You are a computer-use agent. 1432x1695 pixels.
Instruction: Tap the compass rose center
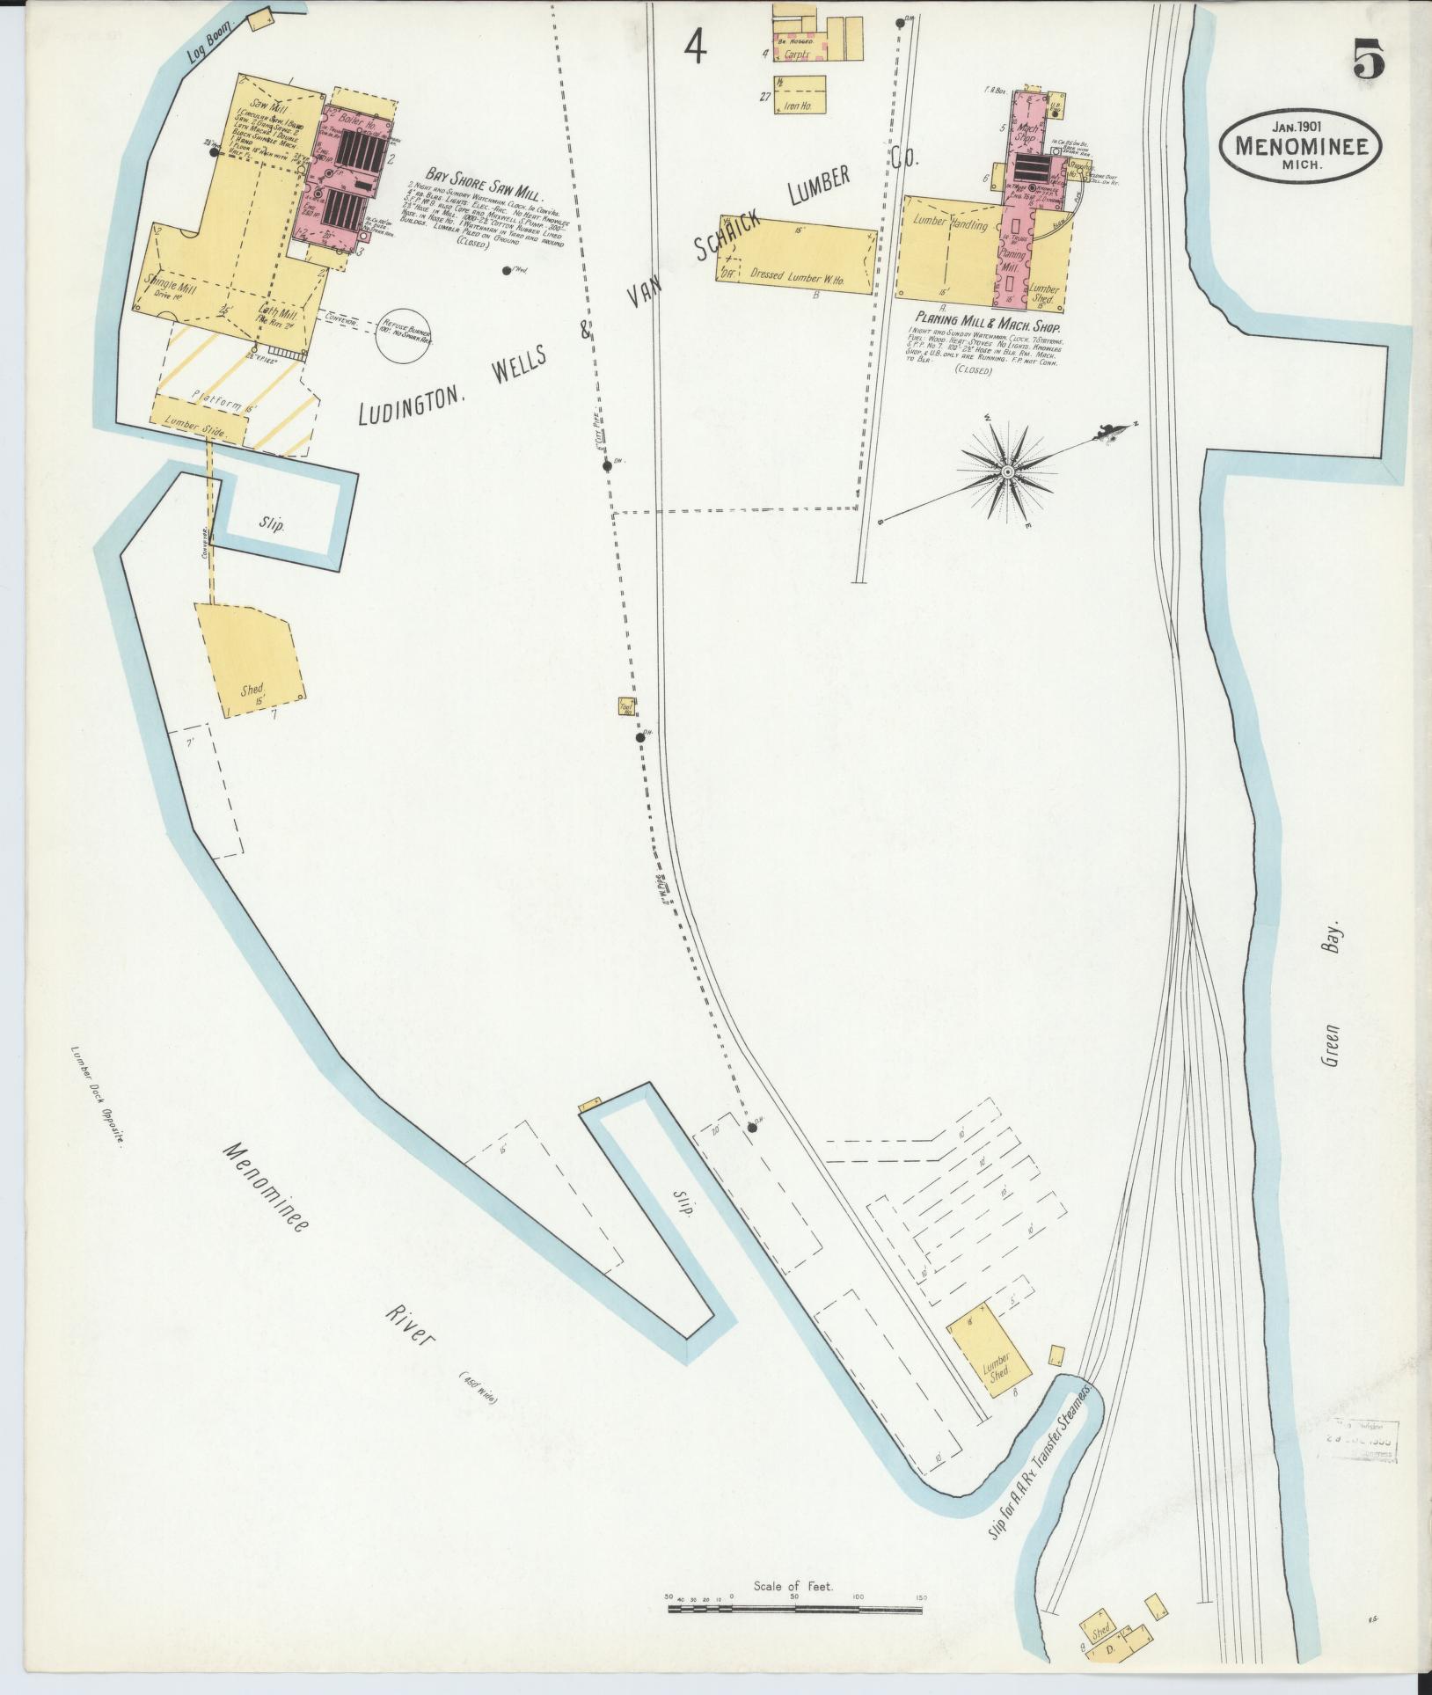[x=1008, y=471]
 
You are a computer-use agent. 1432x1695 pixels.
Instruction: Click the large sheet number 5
[x=1368, y=62]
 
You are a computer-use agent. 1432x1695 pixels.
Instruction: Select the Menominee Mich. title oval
[x=1300, y=144]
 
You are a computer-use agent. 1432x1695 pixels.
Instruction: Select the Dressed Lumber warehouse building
[x=798, y=253]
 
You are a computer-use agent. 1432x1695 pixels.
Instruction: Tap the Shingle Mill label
[x=176, y=289]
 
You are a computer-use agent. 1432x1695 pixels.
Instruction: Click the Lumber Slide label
[x=200, y=433]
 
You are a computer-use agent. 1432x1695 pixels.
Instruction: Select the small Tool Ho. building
[x=628, y=706]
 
